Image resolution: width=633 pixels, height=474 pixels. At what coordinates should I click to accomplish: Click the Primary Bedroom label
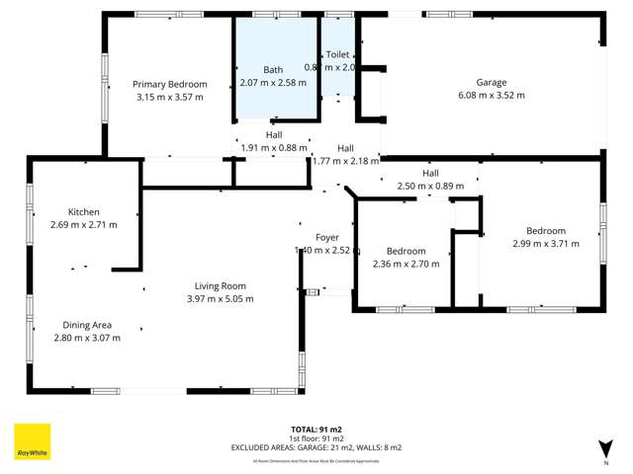[x=170, y=84]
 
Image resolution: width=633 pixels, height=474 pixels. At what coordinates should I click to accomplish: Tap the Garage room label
[x=492, y=82]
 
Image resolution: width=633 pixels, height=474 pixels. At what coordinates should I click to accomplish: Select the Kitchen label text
[x=84, y=212]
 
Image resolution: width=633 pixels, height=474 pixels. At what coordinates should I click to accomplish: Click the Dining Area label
[x=87, y=325]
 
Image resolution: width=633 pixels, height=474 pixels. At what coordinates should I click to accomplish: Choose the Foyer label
[x=327, y=238]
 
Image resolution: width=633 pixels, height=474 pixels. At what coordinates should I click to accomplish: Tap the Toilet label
[x=338, y=56]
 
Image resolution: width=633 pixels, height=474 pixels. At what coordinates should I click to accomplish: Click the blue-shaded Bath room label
[x=273, y=70]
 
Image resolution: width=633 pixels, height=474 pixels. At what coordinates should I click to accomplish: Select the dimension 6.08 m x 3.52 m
[x=492, y=96]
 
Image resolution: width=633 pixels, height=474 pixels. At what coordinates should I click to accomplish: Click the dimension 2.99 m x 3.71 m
[x=546, y=243]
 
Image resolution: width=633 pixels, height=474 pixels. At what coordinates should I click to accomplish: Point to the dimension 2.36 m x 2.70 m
[x=406, y=264]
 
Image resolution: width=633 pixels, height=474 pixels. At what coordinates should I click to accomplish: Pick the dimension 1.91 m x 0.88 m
[x=274, y=148]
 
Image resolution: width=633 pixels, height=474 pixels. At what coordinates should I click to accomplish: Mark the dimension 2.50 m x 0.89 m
[x=430, y=186]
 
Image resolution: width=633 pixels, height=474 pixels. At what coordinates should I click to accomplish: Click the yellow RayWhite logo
[x=32, y=441]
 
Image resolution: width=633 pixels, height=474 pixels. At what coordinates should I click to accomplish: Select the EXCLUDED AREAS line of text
[x=316, y=447]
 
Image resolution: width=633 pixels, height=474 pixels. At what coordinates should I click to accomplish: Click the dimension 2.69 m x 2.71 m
[x=84, y=225]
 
